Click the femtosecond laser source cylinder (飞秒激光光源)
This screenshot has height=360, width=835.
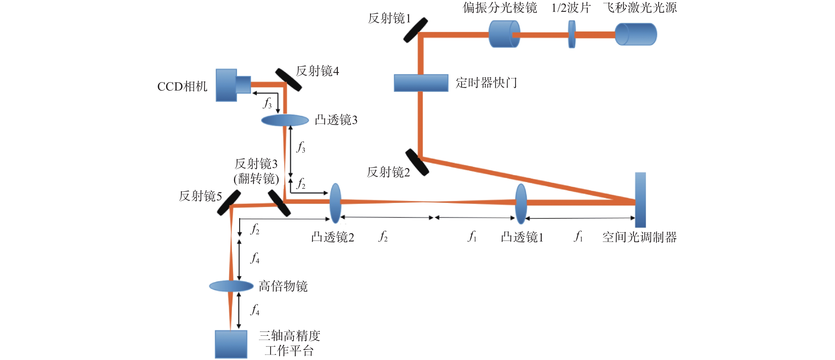[x=636, y=34]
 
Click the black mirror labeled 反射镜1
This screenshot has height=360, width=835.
[x=415, y=30]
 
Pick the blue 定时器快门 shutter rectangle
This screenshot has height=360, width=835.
[x=421, y=83]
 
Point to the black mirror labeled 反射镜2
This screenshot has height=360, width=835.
[x=417, y=162]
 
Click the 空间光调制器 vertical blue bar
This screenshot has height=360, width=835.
[x=640, y=200]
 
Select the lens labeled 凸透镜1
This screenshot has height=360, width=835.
[x=521, y=204]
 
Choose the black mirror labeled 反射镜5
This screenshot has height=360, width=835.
[x=229, y=203]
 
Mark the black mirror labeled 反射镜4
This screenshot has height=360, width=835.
[x=288, y=80]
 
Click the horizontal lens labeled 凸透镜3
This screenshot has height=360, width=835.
[x=285, y=120]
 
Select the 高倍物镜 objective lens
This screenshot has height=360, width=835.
[x=231, y=286]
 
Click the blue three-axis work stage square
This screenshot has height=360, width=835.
[x=231, y=344]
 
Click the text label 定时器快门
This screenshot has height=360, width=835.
[x=486, y=83]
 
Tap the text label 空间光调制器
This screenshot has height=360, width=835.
[x=639, y=237]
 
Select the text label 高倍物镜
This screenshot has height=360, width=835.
[x=283, y=286]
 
